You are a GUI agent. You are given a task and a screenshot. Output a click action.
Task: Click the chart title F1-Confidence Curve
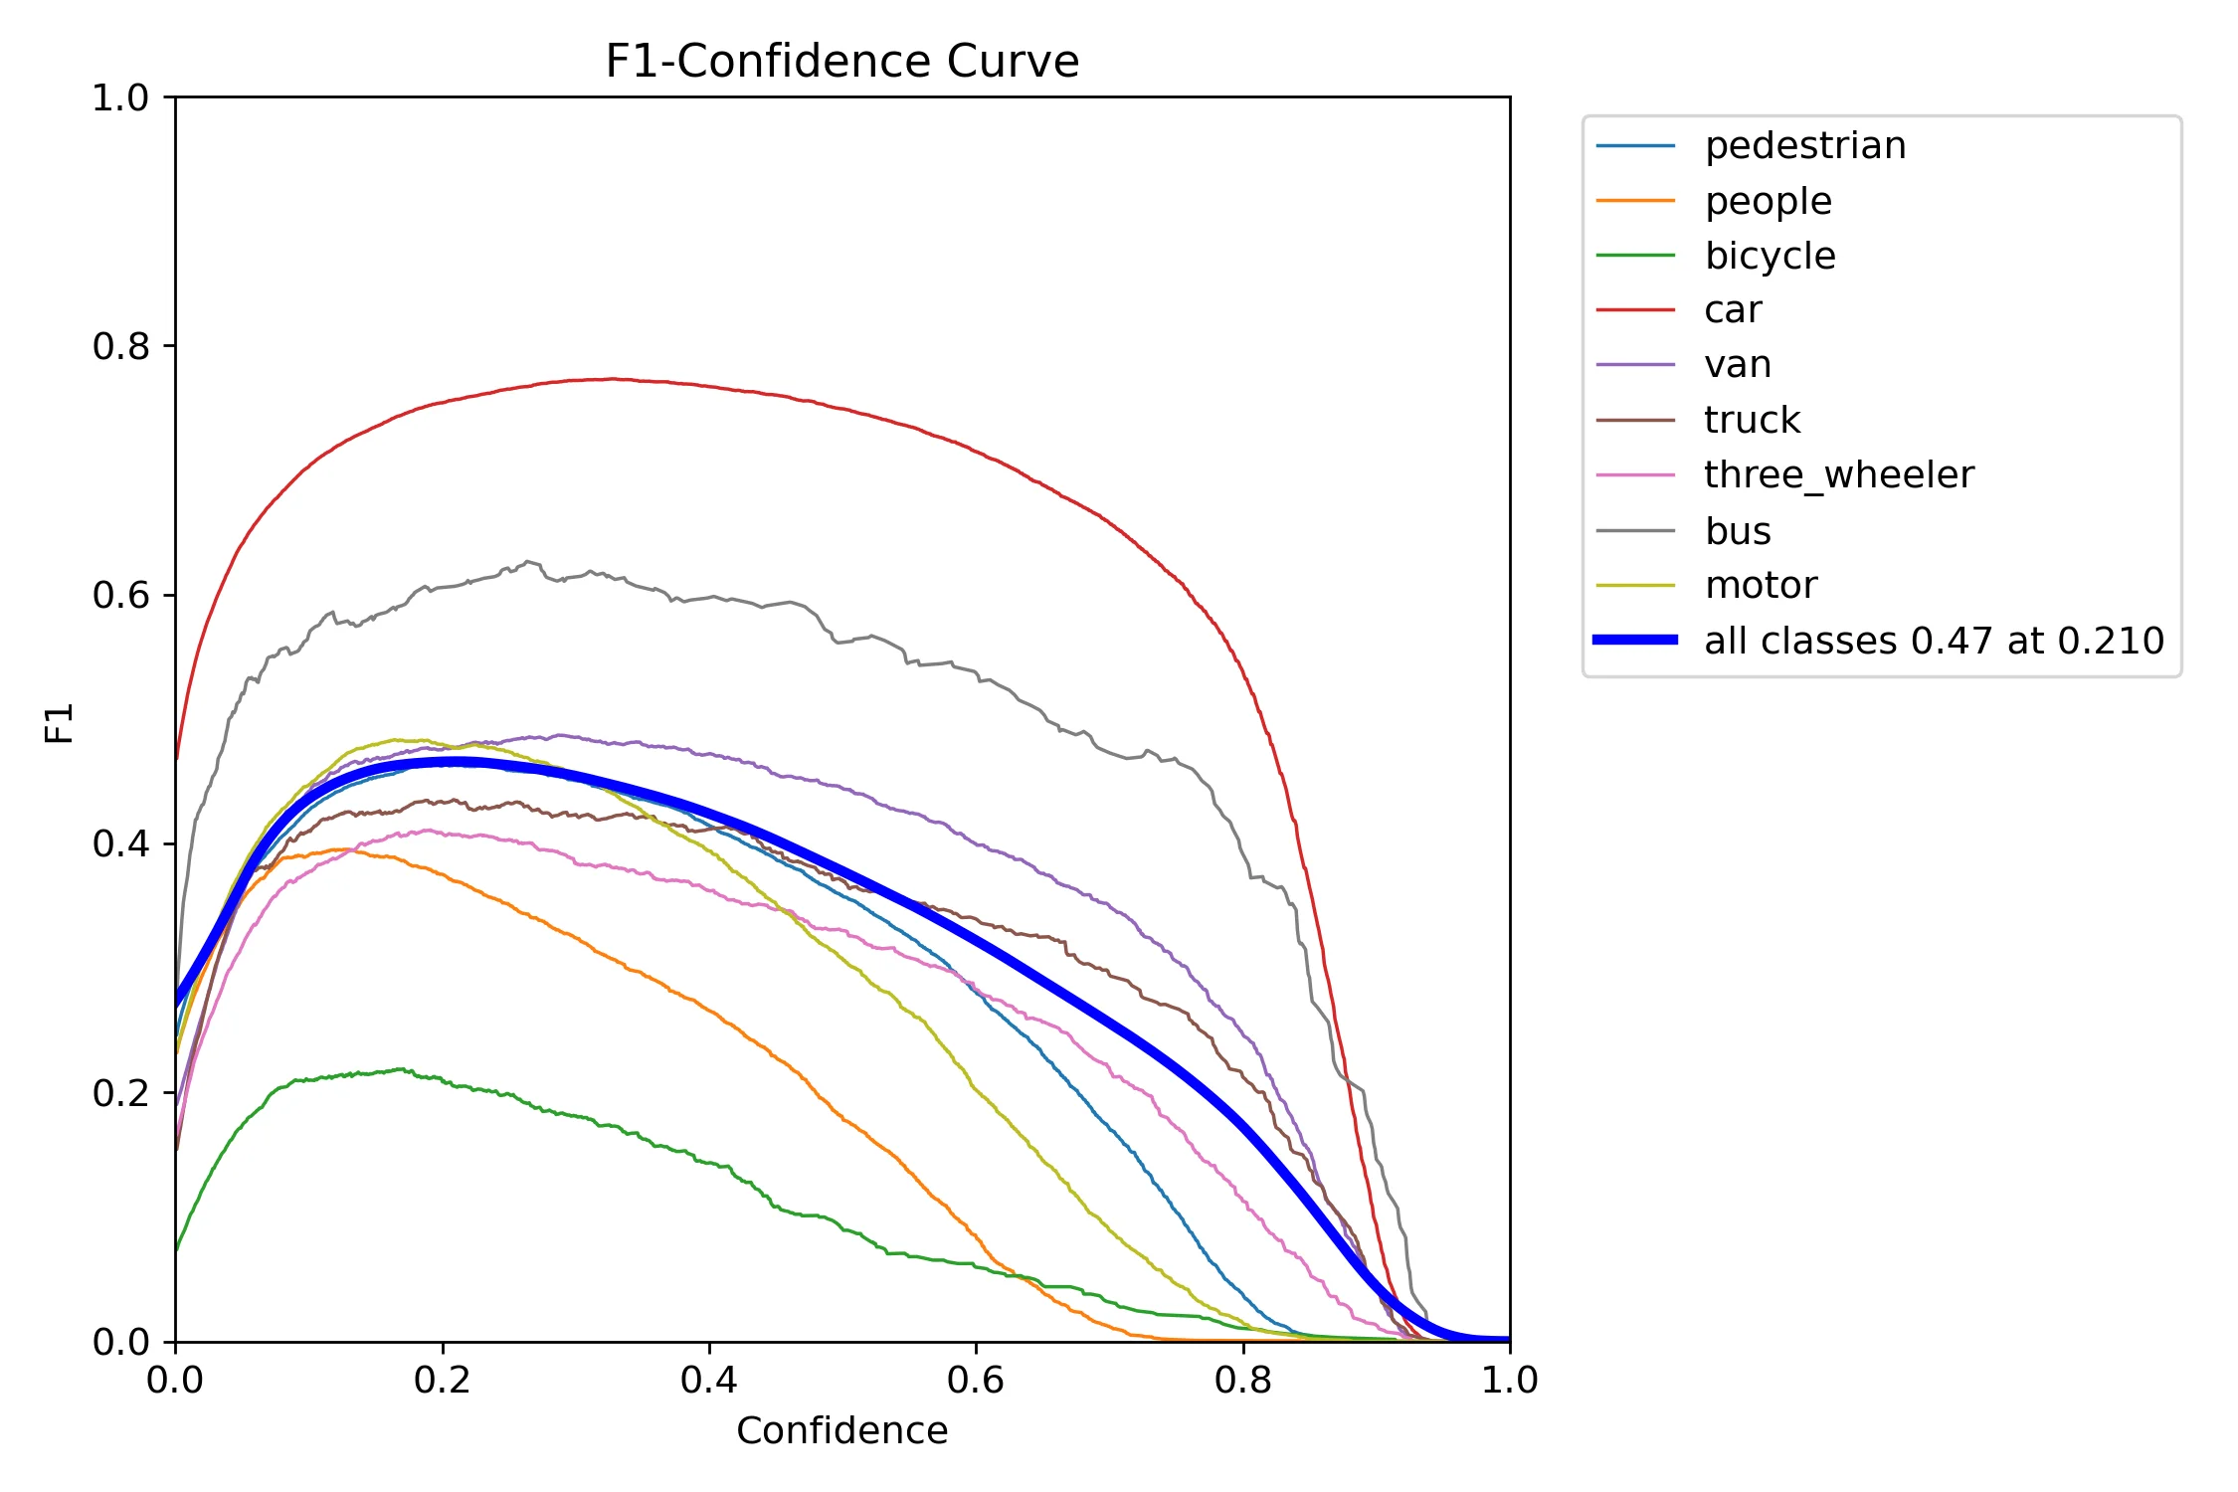(x=841, y=62)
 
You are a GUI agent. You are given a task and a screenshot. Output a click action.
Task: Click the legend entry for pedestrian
(x=1804, y=146)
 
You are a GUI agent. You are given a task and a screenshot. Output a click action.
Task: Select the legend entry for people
(x=1768, y=201)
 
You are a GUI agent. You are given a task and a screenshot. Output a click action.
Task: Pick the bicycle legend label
(x=1770, y=256)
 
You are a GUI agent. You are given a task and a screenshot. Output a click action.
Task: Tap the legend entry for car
(x=1733, y=310)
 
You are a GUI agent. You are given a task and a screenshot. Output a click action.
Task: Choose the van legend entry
(x=1737, y=365)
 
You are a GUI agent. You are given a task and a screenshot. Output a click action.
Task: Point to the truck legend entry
(x=1752, y=420)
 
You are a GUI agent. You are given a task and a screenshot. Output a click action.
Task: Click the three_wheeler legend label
(x=1838, y=475)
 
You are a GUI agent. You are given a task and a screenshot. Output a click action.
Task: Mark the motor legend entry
(x=1761, y=585)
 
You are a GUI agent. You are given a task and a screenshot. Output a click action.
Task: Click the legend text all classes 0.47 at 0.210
(x=1933, y=641)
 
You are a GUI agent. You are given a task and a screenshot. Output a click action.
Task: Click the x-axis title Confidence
(x=841, y=1430)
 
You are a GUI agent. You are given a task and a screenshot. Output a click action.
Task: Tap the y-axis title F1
(x=60, y=723)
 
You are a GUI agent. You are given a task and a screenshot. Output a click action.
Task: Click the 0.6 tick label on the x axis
(x=975, y=1380)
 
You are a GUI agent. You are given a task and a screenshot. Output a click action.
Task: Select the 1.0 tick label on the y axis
(x=119, y=97)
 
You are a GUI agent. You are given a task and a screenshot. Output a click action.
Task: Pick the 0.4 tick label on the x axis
(x=708, y=1380)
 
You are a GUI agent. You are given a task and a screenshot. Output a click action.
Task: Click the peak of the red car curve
(x=612, y=379)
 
